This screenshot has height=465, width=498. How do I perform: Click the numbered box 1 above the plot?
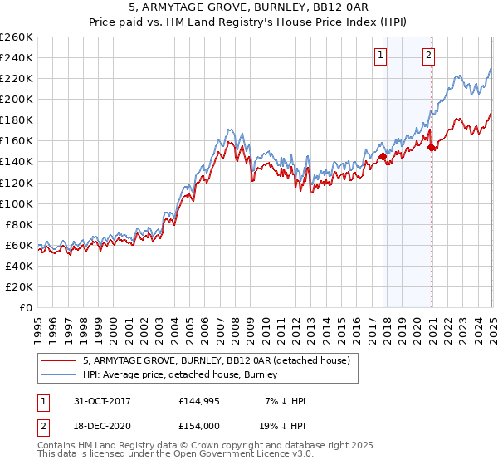pos(380,56)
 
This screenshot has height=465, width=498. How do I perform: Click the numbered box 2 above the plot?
pos(428,56)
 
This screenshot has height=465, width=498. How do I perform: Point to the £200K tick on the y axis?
pos(16,99)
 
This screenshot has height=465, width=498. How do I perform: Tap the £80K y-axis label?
pos(19,224)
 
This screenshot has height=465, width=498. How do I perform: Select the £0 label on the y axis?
pos(27,307)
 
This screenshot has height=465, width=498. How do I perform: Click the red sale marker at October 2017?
pos(383,156)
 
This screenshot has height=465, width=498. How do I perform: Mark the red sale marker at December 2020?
pos(432,147)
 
